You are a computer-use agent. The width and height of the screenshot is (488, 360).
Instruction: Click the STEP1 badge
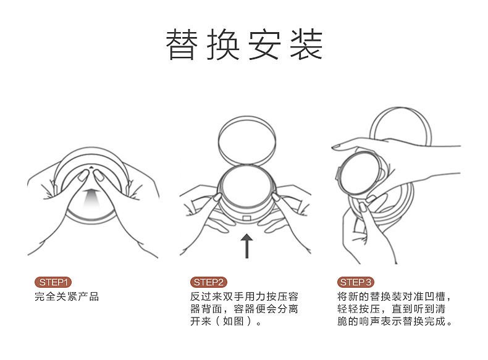[53, 282]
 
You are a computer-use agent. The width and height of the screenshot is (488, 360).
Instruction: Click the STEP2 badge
[209, 282]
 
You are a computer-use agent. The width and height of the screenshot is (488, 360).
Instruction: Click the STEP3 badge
[355, 282]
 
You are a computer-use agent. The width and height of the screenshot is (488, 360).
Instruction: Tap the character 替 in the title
[182, 44]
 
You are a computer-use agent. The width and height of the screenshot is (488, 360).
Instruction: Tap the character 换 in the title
[223, 44]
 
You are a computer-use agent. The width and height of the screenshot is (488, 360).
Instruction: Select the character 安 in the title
[264, 44]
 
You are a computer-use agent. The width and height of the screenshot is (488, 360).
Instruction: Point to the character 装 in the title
[306, 44]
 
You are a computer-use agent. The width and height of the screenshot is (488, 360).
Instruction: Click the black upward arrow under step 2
[247, 246]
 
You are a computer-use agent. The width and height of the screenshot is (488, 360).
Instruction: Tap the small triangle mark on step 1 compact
[91, 167]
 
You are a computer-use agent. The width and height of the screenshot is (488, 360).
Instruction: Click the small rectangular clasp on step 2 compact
[246, 217]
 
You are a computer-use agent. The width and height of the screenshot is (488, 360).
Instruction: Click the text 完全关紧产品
[67, 296]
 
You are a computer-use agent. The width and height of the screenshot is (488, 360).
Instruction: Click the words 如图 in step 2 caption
[233, 321]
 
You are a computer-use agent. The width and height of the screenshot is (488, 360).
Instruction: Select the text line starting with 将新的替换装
[394, 296]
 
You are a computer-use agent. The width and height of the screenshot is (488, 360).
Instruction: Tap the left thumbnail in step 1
[83, 175]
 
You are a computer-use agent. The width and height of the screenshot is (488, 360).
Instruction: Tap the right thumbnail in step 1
[99, 175]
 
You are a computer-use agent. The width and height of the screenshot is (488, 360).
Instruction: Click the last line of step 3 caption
[395, 321]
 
